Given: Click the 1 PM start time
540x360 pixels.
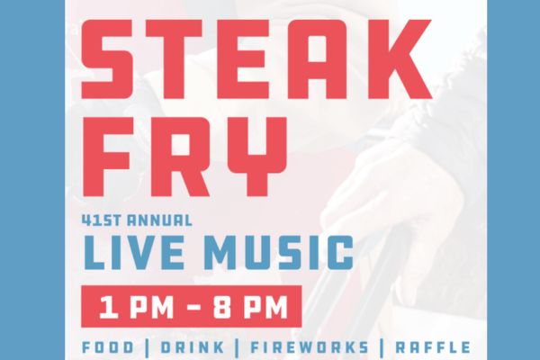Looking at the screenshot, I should click(130, 307).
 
